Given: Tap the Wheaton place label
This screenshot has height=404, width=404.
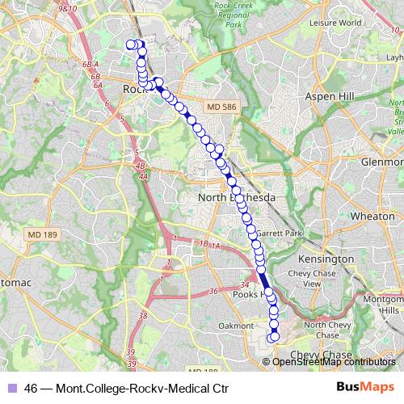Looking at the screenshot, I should click(372, 217).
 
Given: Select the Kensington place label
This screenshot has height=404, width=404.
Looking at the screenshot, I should click(326, 259).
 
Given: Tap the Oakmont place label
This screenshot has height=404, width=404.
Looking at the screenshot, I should click(236, 325).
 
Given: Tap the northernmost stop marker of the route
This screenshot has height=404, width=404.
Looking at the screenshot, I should click(131, 44).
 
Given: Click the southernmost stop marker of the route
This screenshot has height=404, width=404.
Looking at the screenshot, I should click(274, 337).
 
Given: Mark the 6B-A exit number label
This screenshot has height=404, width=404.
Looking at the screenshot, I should click(90, 64).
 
